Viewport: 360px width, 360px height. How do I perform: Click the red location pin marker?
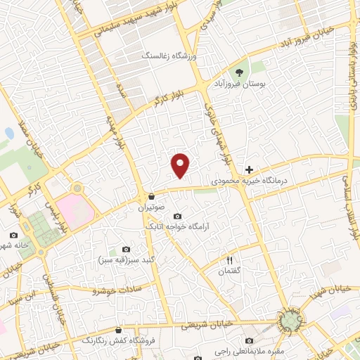coord(181,165)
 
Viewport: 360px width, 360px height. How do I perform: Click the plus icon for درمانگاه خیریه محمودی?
coord(249,169)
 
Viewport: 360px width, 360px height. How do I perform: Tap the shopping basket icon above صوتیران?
coord(153,196)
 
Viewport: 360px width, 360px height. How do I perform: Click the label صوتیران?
coord(152,208)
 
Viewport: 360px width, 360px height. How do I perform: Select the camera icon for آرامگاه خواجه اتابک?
coord(177,216)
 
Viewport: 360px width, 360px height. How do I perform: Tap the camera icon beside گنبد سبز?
coord(126,249)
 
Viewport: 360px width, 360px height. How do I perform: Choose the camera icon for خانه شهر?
coord(13,236)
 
